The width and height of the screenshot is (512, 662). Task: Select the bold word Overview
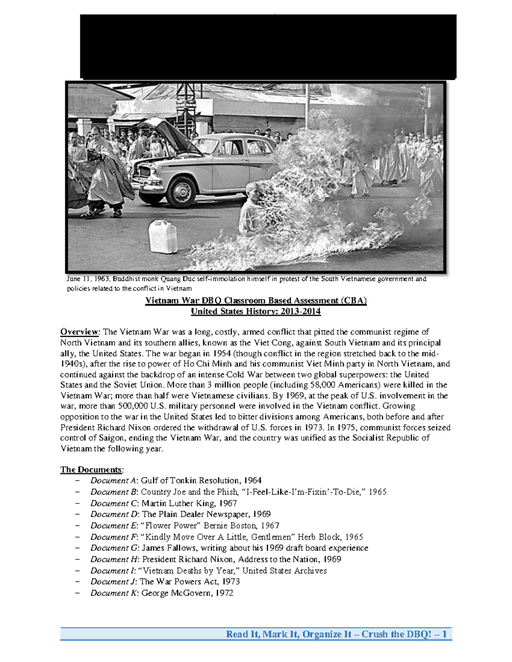pos(79,332)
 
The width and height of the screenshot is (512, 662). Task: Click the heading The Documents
pos(91,470)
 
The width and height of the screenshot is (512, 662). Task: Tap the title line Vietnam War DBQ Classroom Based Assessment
pos(256,301)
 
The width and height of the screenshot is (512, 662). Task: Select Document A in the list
pos(113,480)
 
